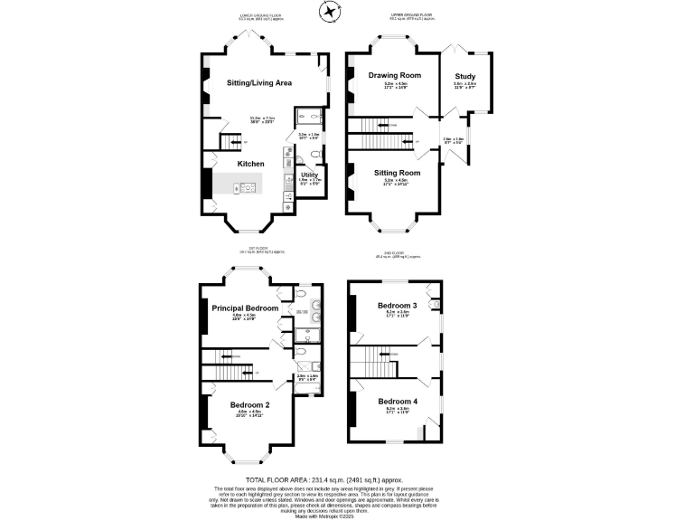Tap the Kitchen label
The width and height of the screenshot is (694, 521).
coord(251,164)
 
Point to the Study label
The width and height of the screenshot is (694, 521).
coord(464,76)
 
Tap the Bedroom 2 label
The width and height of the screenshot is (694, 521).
coord(249,404)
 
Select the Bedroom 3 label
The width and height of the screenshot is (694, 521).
coord(397,306)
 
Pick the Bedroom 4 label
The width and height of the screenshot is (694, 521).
coord(397,401)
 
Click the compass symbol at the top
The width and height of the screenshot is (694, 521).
coord(331,11)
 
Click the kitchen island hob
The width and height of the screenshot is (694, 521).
coord(247,188)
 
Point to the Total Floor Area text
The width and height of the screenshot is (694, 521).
coord(324,479)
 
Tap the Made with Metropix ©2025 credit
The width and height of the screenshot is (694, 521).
coord(324,516)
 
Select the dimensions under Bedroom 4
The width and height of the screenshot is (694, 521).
coord(397,411)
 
